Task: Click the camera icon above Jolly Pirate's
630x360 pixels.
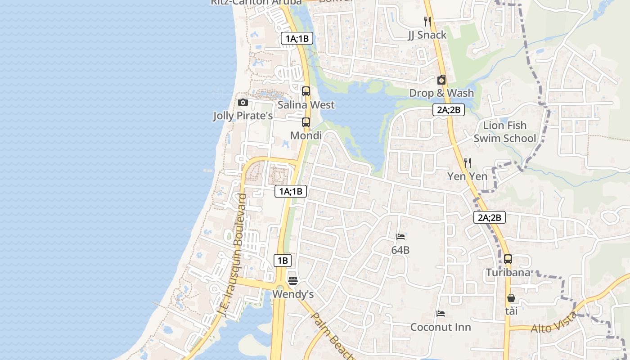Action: point(243,102)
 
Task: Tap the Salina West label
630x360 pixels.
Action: point(306,105)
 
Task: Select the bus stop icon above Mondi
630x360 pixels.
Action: point(306,122)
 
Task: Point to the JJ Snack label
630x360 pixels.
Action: point(427,35)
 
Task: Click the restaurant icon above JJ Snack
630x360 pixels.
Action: point(427,21)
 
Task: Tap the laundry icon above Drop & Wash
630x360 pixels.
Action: point(441,80)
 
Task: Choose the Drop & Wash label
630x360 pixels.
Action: point(441,93)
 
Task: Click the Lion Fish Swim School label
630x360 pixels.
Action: point(504,132)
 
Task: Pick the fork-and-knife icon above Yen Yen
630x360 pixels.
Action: point(468,162)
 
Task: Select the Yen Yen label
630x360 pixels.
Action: point(468,176)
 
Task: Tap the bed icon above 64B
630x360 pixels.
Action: point(400,236)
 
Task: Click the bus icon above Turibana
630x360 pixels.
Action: point(508,259)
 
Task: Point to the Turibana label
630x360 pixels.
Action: point(508,273)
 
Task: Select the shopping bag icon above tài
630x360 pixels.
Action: point(511,297)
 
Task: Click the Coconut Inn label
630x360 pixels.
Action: point(441,327)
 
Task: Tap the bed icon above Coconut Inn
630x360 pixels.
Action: point(441,313)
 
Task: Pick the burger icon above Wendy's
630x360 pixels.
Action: point(293,281)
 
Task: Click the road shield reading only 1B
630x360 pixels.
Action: point(282,260)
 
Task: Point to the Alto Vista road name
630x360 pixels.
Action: point(554,323)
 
